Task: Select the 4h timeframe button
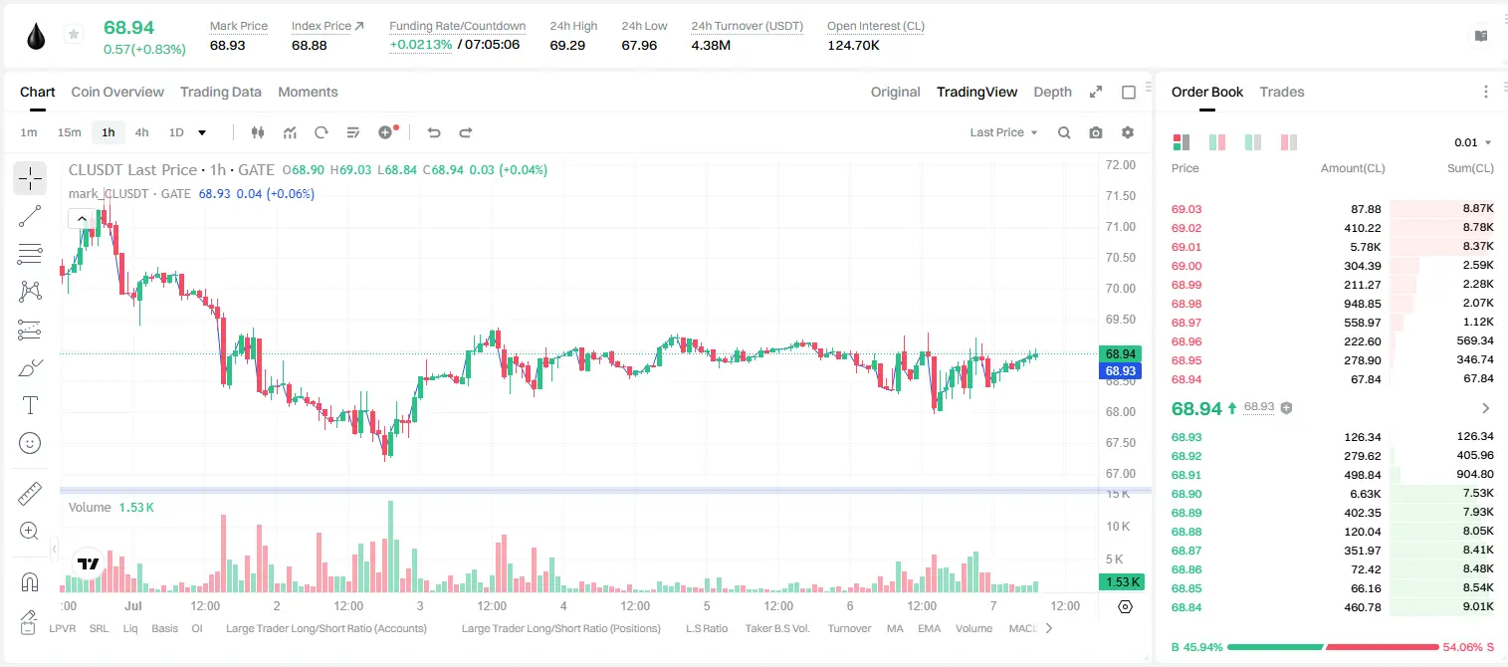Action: coord(141,132)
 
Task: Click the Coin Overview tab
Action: coord(117,92)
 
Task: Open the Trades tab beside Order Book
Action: coord(1282,92)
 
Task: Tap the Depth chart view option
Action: coord(1052,92)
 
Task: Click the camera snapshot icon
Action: coord(1096,132)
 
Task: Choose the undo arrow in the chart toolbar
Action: coord(434,132)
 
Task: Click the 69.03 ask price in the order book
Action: coord(1186,209)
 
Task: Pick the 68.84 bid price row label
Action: coord(1186,607)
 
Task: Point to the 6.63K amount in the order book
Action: coord(1366,494)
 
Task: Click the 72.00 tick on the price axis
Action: coord(1120,165)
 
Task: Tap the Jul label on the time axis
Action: coord(132,605)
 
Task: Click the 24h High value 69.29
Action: coord(567,45)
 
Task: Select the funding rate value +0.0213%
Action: coord(421,45)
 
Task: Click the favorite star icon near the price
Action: coord(74,34)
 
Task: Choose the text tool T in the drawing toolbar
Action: coord(30,405)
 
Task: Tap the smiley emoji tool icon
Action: coord(30,443)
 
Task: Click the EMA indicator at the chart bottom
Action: coord(929,628)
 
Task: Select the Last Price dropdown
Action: coord(1003,132)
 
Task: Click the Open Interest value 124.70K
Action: coord(853,45)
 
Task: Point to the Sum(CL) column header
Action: coord(1470,168)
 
